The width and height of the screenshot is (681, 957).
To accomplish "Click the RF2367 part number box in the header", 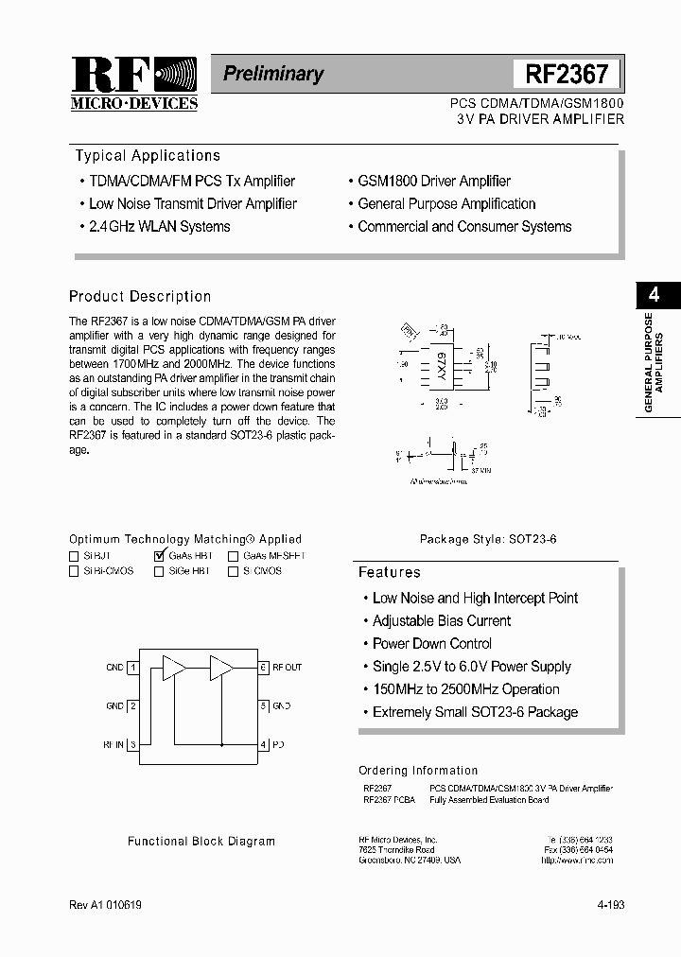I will [567, 74].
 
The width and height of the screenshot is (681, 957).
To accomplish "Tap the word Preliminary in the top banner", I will [273, 74].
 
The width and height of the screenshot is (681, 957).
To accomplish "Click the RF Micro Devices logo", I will [134, 84].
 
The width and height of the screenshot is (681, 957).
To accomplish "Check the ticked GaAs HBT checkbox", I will [159, 557].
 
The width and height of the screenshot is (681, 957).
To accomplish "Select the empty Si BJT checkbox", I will [74, 557].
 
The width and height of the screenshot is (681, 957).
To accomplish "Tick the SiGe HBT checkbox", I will [159, 572].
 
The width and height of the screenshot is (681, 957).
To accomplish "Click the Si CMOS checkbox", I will [233, 572].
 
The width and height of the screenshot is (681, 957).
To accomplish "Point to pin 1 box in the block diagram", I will [133, 668].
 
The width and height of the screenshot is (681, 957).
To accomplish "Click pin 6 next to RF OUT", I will [264, 668].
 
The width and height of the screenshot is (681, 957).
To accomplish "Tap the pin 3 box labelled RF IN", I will [133, 745].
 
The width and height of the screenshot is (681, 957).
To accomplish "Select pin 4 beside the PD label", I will [264, 745].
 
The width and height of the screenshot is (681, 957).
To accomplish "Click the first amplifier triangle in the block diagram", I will [173, 669].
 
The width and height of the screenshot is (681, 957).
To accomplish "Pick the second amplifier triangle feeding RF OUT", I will [221, 669].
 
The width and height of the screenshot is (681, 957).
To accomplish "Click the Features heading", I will [389, 572].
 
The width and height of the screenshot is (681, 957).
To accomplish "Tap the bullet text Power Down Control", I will [431, 644].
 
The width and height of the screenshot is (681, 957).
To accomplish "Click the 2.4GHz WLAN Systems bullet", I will [159, 227].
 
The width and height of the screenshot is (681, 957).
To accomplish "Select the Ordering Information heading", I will [418, 771].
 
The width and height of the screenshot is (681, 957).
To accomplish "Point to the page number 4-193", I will [610, 905].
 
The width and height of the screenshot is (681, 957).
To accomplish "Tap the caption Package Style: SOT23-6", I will [488, 539].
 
